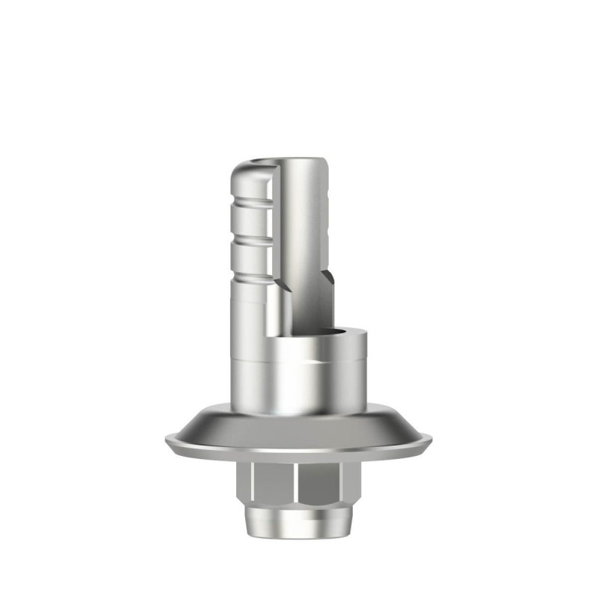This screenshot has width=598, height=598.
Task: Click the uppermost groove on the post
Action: [x=250, y=201]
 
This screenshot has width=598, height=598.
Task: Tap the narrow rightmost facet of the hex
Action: [x=349, y=486]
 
